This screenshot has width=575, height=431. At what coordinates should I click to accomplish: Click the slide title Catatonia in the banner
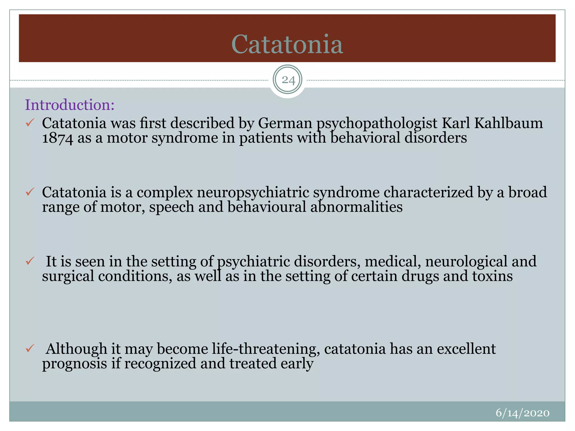[x=287, y=44]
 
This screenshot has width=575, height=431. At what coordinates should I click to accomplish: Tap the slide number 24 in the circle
[x=288, y=80]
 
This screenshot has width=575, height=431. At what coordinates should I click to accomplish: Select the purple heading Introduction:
[x=70, y=105]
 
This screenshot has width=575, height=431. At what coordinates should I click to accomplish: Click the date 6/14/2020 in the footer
[x=522, y=413]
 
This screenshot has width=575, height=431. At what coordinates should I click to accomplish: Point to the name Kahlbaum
[x=508, y=123]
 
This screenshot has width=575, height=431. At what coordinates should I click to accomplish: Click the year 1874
[x=58, y=138]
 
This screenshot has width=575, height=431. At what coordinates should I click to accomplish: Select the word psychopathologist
[x=377, y=123]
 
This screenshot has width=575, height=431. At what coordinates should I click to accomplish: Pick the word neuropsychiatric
[x=253, y=192]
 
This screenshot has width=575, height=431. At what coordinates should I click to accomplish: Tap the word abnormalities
[x=356, y=207]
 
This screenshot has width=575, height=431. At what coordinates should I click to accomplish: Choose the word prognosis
[x=75, y=364]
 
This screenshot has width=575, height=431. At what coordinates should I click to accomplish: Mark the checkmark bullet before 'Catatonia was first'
[x=30, y=123]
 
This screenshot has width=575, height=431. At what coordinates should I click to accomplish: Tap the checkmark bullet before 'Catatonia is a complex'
[x=30, y=192]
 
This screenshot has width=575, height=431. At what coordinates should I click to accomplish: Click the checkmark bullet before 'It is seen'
[x=30, y=261]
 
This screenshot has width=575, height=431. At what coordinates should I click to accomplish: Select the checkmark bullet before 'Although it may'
[x=30, y=349]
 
